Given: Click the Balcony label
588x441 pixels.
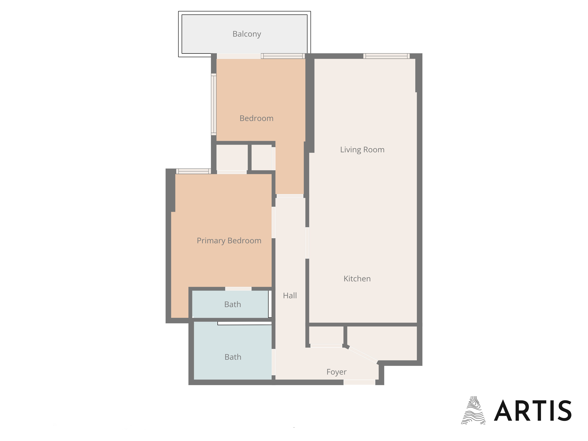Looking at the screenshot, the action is coord(247,34).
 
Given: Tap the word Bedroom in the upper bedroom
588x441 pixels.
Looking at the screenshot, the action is coord(257,118).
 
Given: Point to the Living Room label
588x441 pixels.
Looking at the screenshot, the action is coord(362,150).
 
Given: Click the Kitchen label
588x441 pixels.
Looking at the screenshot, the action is coord(357,279).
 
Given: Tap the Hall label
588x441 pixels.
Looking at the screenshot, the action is coord(290,296).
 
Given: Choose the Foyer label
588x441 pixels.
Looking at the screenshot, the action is coord(336,372).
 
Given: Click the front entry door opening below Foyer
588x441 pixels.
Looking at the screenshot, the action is coord(359,382).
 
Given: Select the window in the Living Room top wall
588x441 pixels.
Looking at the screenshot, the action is coord(386,56).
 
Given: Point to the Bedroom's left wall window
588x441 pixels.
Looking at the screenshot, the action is coord(214,104).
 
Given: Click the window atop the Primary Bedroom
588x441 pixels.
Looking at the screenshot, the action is coord(193,171).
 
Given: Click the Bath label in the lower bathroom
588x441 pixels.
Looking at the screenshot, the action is coord(233,357).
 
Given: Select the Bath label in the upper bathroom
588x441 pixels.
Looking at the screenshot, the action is coord(233,304).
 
